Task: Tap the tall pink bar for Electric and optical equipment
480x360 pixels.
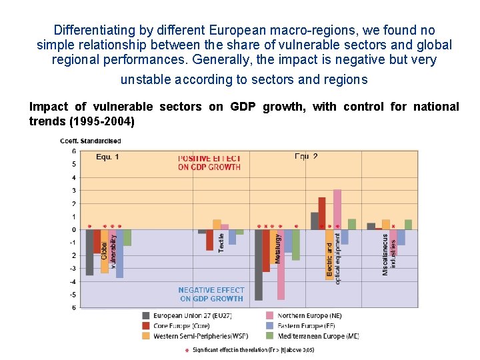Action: click(x=337, y=209)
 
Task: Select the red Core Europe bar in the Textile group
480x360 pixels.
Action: click(x=210, y=240)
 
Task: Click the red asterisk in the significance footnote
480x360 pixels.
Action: click(x=187, y=350)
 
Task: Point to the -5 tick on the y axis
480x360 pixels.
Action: click(x=73, y=295)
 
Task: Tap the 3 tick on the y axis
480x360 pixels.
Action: click(x=73, y=191)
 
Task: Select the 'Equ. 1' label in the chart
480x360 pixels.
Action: click(x=107, y=157)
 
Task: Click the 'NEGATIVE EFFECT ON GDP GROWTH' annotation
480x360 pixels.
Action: click(x=211, y=295)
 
